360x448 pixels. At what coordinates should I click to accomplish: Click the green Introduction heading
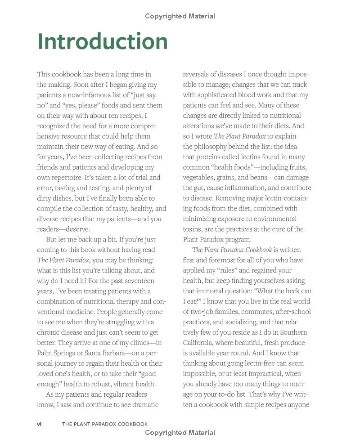tap(103, 41)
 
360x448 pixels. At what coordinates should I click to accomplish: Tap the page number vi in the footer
tap(40, 424)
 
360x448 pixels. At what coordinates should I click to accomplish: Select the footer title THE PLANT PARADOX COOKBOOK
tap(104, 424)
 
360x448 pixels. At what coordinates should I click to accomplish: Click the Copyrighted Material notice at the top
tap(180, 16)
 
